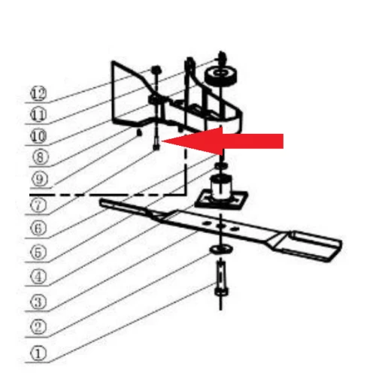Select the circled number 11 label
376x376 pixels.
38,115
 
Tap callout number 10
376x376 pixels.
38,136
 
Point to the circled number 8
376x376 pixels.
38,158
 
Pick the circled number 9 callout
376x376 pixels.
38,180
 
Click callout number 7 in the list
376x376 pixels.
38,203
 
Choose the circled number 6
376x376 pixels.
38,227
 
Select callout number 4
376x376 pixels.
38,276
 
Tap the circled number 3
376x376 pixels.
38,302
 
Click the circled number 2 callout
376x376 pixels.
38,327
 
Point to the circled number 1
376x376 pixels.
38,352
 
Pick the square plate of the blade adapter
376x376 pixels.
220,200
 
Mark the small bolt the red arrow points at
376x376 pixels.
154,141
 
